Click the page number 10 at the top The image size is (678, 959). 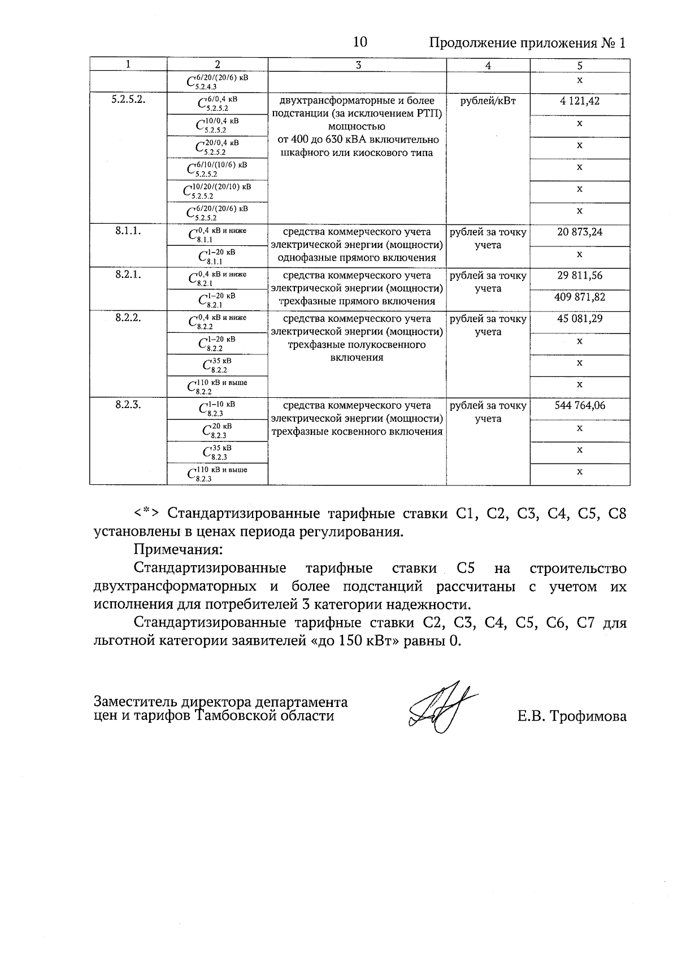click(360, 43)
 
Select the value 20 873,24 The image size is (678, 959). click(580, 232)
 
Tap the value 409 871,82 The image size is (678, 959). click(580, 297)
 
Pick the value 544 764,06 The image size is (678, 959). click(580, 405)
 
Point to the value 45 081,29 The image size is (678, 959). click(580, 319)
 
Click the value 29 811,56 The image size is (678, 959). click(580, 275)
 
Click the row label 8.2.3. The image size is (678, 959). click(128, 405)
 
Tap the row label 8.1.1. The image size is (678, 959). click(128, 231)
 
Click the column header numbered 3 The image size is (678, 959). click(357, 65)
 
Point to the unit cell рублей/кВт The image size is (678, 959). click(488, 102)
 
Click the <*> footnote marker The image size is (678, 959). click(147, 514)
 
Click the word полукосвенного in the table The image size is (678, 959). click(357, 345)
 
